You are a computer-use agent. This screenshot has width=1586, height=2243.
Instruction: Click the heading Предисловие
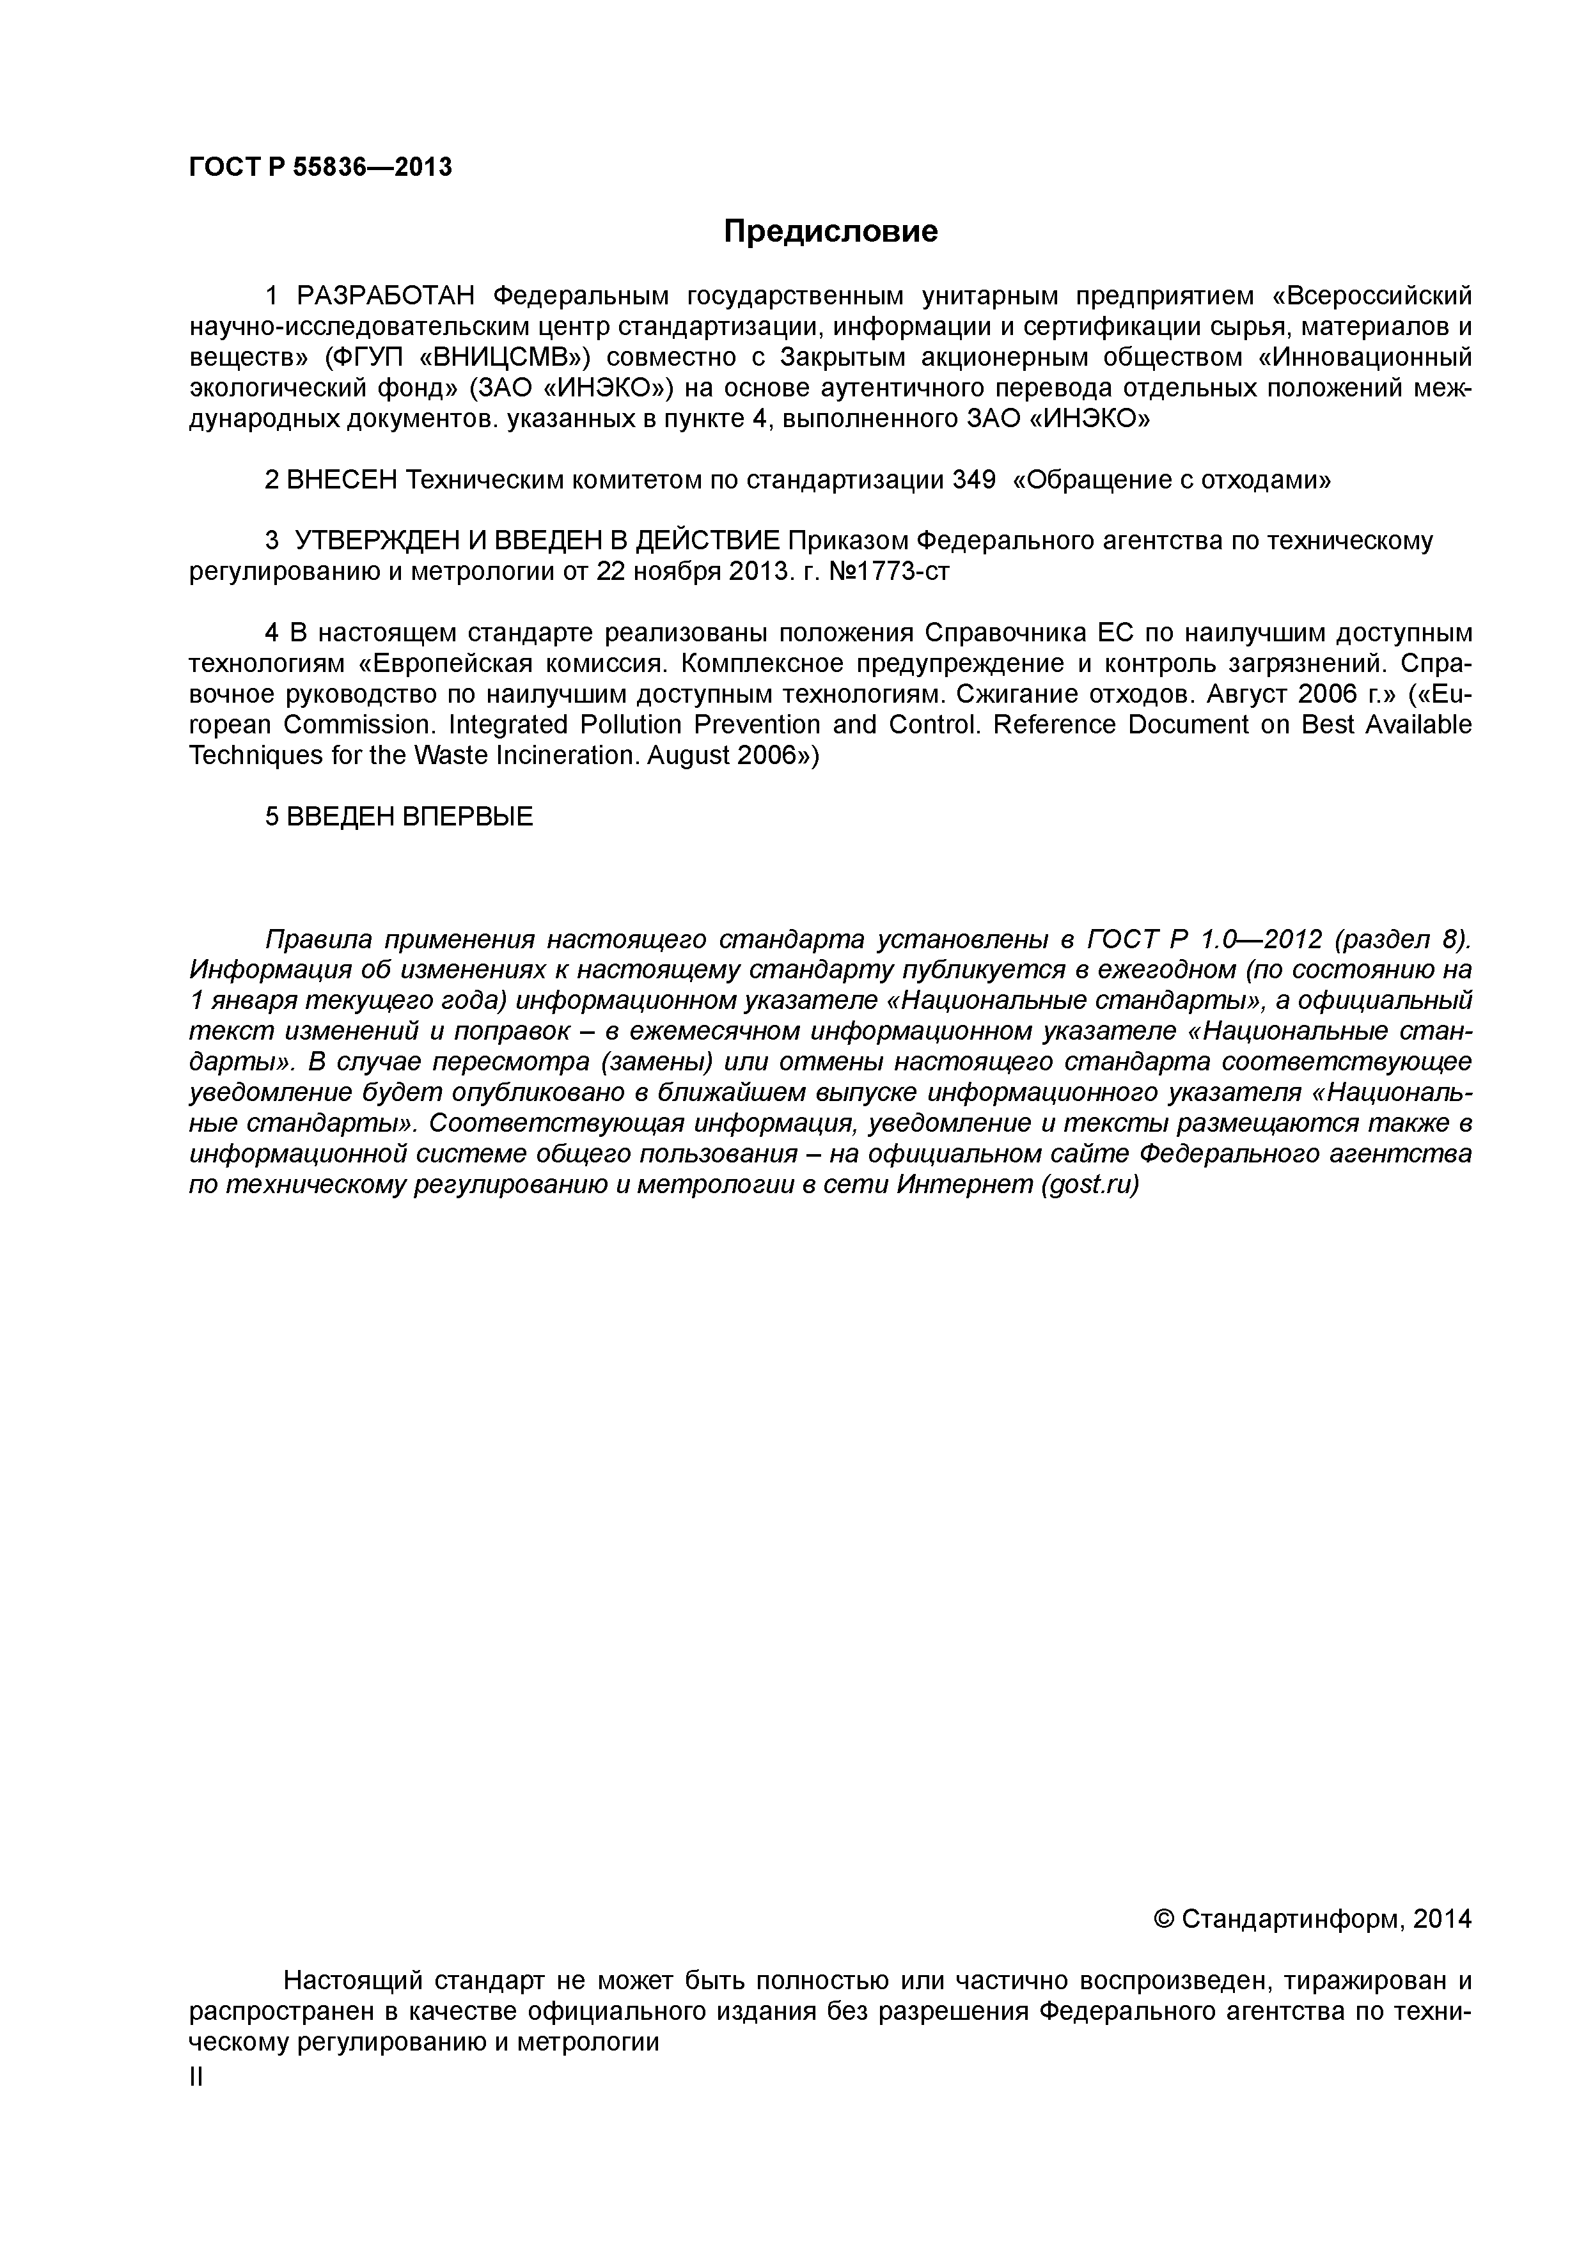[x=829, y=231]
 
